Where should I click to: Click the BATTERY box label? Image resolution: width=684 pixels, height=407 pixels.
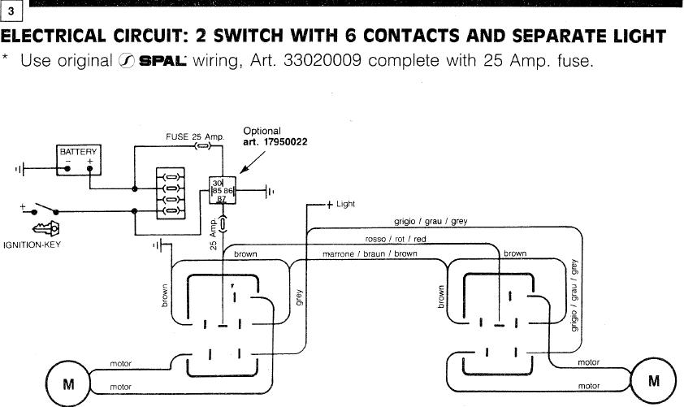point(78,152)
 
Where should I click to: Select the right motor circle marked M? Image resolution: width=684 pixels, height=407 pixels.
point(654,380)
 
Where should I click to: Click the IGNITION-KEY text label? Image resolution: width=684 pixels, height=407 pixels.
point(32,243)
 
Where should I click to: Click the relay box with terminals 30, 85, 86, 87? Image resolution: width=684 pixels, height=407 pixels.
point(222,191)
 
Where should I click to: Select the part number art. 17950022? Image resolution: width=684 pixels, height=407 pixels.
point(276,141)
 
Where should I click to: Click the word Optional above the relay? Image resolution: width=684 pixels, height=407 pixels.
point(262,131)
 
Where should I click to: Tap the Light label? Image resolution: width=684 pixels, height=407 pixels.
point(345,204)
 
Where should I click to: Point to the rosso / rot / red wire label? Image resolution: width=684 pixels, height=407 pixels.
point(396,239)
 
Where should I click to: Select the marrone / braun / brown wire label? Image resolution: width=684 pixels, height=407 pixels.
point(370,253)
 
